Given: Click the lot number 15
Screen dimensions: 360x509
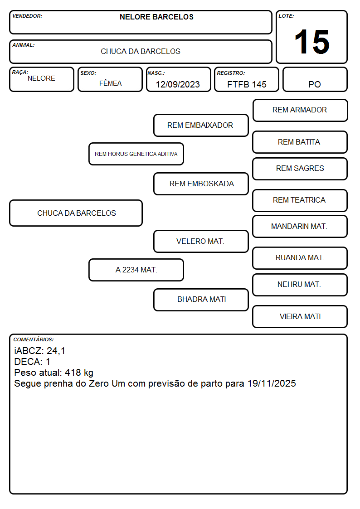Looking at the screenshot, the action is coord(311,42).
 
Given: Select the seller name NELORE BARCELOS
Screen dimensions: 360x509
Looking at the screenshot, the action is coord(156,17).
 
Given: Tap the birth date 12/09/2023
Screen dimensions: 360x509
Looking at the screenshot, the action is coord(178,84).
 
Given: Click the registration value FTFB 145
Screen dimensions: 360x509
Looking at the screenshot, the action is coord(247,84).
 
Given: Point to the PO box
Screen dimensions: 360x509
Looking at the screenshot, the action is coord(315,79).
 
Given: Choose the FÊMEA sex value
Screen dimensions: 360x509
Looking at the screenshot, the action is coord(110,83).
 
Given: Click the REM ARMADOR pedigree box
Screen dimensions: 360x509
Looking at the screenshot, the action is coord(300,111).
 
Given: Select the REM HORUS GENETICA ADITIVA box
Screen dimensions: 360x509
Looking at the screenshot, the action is coord(136,154).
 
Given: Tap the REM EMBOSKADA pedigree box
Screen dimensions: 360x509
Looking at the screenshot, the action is coord(201,184).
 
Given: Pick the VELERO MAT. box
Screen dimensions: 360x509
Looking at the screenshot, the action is coord(201,241).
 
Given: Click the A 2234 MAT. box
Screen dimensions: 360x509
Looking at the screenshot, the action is coord(136,270).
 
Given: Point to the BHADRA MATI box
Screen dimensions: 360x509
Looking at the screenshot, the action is coord(201,300).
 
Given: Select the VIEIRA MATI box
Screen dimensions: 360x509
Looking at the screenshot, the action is coord(300,316).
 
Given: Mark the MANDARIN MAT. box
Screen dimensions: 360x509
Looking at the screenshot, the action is coord(300,226).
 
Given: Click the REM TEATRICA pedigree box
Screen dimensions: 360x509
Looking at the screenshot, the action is coord(300,200).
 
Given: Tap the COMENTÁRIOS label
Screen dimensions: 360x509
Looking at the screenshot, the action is coord(34,339).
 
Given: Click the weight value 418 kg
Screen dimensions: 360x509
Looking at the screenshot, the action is coord(79,373).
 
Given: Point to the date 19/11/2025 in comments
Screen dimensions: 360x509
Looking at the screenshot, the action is coord(272,383).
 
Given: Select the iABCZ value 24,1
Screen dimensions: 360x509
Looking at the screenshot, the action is coord(56,351).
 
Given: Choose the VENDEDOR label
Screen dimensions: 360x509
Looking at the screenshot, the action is coord(27,16).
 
